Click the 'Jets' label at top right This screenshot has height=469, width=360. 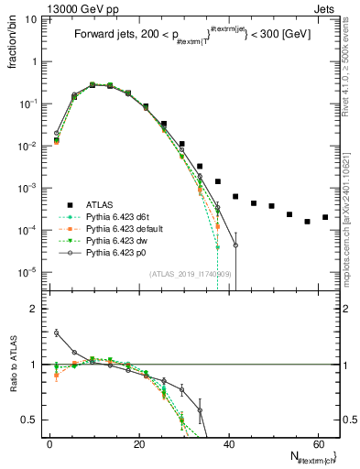point(327,10)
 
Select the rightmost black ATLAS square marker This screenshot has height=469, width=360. point(325,217)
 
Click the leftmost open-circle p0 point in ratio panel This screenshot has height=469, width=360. point(56,333)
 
